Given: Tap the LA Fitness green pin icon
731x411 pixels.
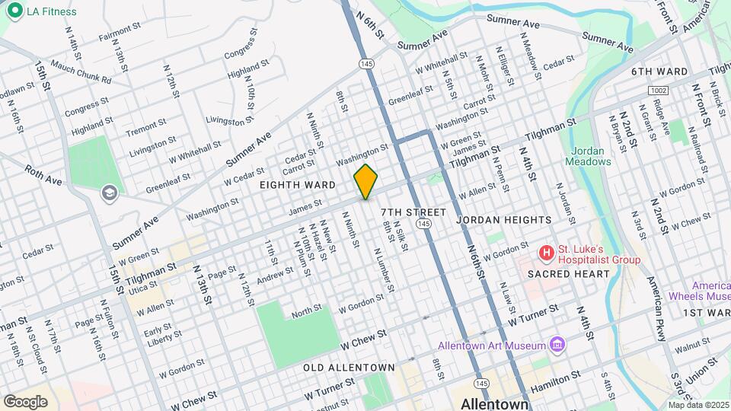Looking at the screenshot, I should pyautogui.click(x=14, y=11).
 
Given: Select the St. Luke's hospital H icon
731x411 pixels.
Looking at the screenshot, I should pyautogui.click(x=545, y=252).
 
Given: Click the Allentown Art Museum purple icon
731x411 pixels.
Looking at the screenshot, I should pyautogui.click(x=557, y=345).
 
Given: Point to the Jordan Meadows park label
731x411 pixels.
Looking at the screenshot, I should pyautogui.click(x=589, y=156).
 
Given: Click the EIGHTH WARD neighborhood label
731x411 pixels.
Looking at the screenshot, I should pyautogui.click(x=297, y=185).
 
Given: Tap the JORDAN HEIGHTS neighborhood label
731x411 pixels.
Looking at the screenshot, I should pyautogui.click(x=504, y=220).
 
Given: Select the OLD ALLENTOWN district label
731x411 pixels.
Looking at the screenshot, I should pyautogui.click(x=349, y=368).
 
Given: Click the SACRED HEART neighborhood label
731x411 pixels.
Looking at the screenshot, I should pyautogui.click(x=570, y=274).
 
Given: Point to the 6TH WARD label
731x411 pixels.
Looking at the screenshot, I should pyautogui.click(x=659, y=72).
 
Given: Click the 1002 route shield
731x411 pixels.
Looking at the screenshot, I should pyautogui.click(x=659, y=91).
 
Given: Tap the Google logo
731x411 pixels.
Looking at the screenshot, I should pyautogui.click(x=25, y=401).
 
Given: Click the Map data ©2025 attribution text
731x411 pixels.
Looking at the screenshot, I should pyautogui.click(x=698, y=405).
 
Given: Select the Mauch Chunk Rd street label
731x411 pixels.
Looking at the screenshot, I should pyautogui.click(x=81, y=72).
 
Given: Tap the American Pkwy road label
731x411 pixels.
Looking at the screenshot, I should pyautogui.click(x=659, y=301).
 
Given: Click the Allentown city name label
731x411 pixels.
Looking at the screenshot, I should pyautogui.click(x=495, y=403).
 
